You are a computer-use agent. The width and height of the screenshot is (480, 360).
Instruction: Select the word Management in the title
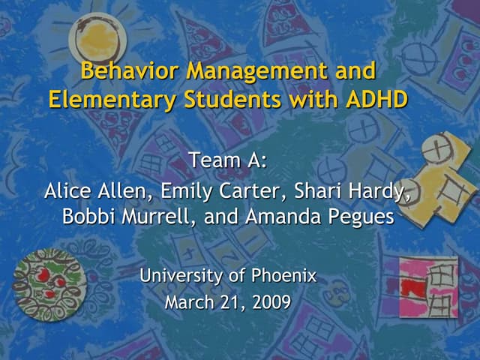click(x=257, y=72)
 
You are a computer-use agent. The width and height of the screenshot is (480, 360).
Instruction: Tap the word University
click(x=182, y=277)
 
